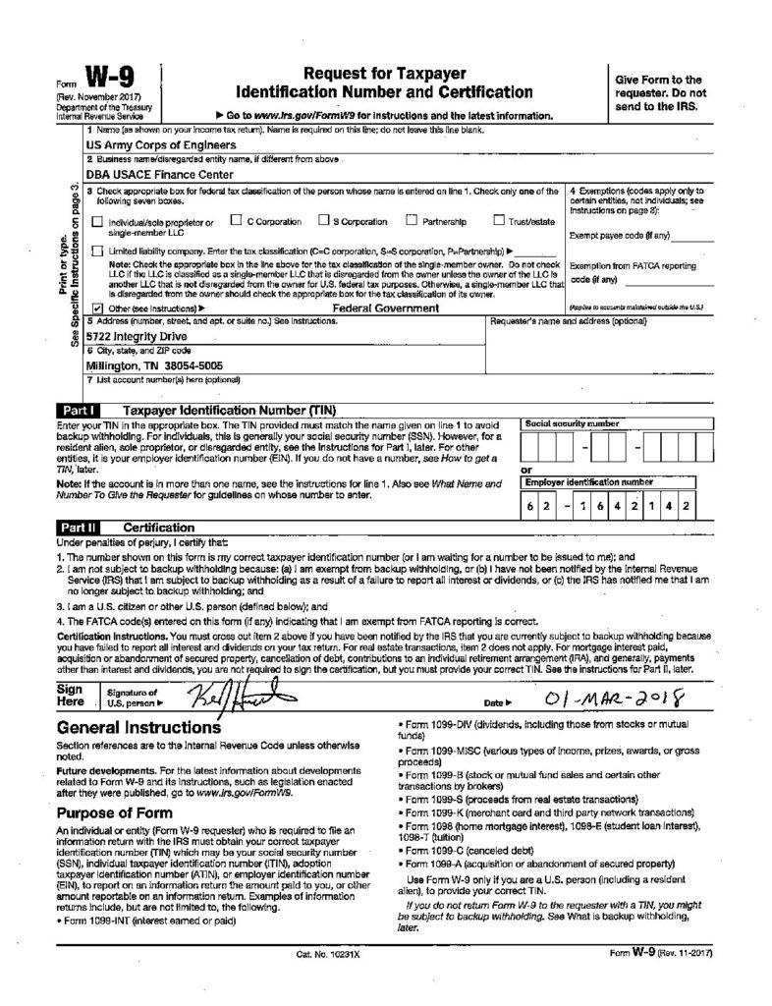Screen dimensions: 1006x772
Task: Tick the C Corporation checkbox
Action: pyautogui.click(x=236, y=221)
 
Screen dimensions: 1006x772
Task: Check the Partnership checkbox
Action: pyautogui.click(x=412, y=221)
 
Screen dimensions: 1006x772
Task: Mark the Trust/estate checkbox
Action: pyautogui.click(x=499, y=221)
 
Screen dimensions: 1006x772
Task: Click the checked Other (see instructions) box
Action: pyautogui.click(x=95, y=307)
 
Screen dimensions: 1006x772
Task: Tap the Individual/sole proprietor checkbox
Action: pyautogui.click(x=95, y=222)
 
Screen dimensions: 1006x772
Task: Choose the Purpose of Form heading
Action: pyautogui.click(x=116, y=812)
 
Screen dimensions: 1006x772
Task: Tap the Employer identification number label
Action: pyautogui.click(x=588, y=482)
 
